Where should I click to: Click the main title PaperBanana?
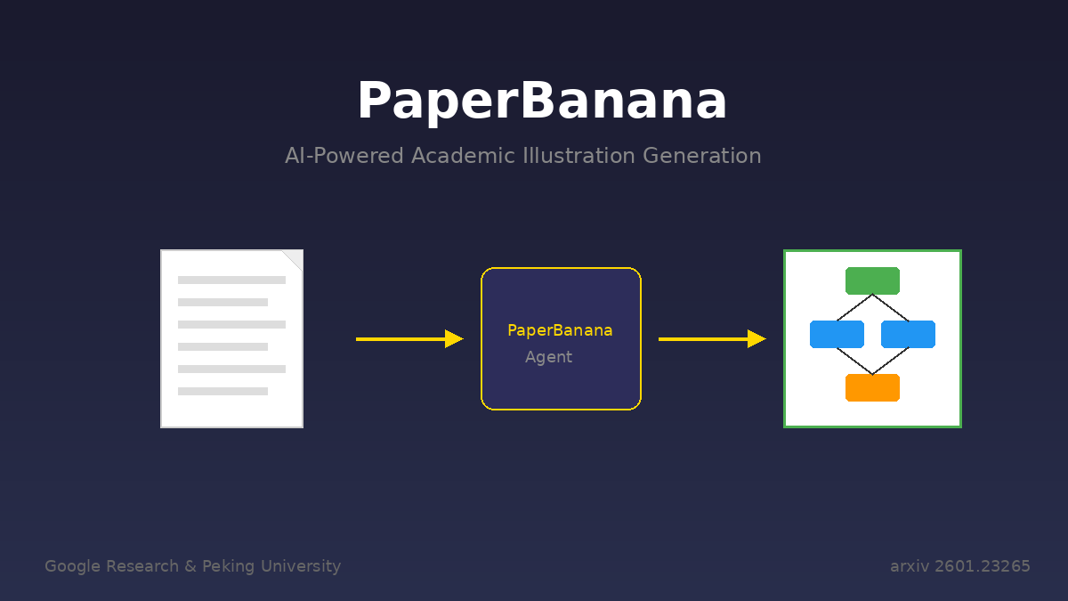tap(541, 102)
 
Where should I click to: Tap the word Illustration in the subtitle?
tap(578, 156)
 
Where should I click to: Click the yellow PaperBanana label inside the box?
tap(560, 330)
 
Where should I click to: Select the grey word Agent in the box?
tap(548, 357)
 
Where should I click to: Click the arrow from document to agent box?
tap(409, 339)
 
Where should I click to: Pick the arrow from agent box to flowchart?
tap(711, 339)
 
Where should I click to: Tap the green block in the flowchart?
tap(872, 280)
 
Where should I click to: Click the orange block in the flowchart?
tap(872, 387)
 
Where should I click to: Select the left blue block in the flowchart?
tap(837, 334)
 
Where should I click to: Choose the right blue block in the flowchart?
tap(908, 334)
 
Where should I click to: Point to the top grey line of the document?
tap(231, 280)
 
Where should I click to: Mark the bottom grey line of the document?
tap(222, 391)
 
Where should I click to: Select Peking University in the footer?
tap(271, 566)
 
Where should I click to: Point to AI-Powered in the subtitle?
tap(344, 156)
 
